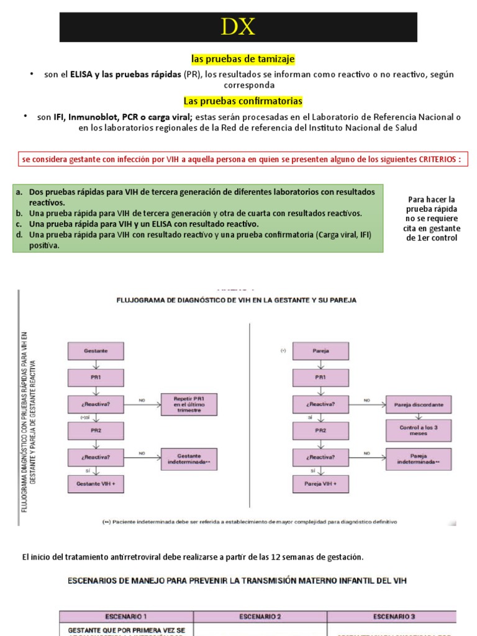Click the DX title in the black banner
pyautogui.click(x=238, y=27)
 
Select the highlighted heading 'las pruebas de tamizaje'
pyautogui.click(x=243, y=59)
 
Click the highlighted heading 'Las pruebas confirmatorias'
pyautogui.click(x=243, y=101)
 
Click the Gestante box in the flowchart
pyautogui.click(x=96, y=350)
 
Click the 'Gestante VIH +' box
pyautogui.click(x=96, y=483)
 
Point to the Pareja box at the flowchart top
pyautogui.click(x=320, y=350)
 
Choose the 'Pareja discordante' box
pyautogui.click(x=419, y=404)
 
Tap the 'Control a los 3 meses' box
pyautogui.click(x=419, y=430)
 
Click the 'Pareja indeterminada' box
pyautogui.click(x=419, y=460)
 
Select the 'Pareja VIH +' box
pyautogui.click(x=320, y=483)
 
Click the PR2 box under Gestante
pyautogui.click(x=96, y=430)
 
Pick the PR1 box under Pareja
pyautogui.click(x=320, y=377)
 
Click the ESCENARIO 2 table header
pyautogui.click(x=260, y=616)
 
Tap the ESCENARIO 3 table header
pyautogui.click(x=391, y=616)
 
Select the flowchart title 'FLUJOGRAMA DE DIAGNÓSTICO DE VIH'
pyautogui.click(x=237, y=300)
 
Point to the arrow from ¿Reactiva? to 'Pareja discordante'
pyautogui.click(x=367, y=404)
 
